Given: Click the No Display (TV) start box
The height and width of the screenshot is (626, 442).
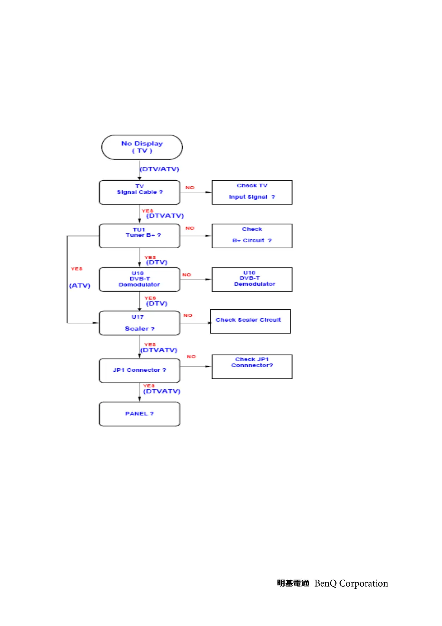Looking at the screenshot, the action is (142, 147).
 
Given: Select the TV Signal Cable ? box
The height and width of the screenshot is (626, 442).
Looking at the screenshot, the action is (139, 192).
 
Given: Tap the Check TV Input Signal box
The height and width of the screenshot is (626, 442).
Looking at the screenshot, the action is (252, 192).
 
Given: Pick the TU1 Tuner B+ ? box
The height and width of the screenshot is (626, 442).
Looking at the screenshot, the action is (139, 236).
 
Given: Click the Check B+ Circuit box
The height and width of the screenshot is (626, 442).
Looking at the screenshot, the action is (252, 236).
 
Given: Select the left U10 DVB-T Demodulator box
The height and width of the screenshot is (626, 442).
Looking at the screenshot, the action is (139, 279).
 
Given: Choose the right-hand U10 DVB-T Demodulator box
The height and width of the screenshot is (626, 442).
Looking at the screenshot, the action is (252, 279).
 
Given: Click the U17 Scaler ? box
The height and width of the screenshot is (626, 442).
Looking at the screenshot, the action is (139, 323).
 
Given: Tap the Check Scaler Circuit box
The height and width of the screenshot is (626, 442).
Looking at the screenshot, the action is (250, 321).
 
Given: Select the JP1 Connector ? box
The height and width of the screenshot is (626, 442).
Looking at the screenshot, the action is (139, 370).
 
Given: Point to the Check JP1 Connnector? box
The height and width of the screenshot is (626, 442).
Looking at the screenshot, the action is (252, 367).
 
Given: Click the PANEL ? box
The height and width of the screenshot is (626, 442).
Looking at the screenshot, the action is (139, 414).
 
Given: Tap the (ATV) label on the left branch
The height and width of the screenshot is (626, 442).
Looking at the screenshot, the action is (79, 285).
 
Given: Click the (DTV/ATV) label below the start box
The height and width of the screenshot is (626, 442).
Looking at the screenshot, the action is (159, 169).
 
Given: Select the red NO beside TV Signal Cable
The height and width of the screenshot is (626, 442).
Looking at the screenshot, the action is (190, 188).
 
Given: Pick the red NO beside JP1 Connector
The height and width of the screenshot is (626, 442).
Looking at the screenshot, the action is (191, 356).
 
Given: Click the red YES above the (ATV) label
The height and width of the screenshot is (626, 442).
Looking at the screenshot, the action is (77, 269).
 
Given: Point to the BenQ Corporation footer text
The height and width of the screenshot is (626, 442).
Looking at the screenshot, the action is (351, 583).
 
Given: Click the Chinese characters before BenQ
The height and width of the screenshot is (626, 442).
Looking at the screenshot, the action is (293, 583).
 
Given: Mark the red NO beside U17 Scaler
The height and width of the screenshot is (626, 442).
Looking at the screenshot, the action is (188, 315).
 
